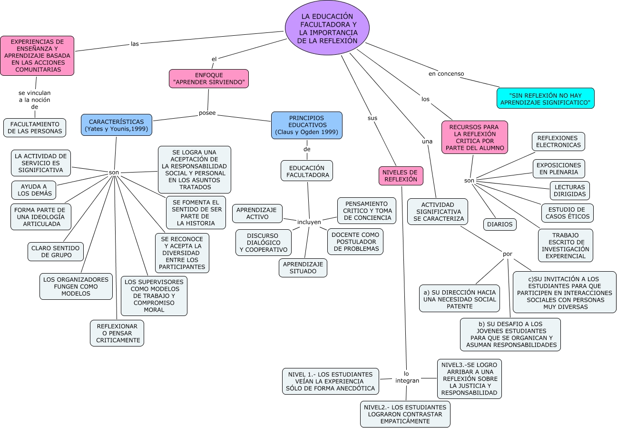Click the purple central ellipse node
[327, 28]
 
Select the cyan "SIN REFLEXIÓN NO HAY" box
[545, 99]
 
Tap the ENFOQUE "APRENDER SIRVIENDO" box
[209, 79]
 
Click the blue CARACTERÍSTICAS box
[117, 125]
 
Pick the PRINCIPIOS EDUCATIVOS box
[306, 125]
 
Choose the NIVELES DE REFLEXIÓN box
[401, 176]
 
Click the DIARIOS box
[499, 224]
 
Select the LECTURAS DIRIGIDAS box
[569, 190]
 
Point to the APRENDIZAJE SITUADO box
[303, 268]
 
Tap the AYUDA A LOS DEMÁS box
[34, 190]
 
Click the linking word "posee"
[207, 113]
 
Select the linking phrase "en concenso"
[446, 74]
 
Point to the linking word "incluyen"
[309, 222]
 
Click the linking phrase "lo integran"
[407, 377]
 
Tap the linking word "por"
[508, 254]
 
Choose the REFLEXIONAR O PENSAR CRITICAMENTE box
[117, 333]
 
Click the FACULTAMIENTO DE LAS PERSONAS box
[35, 128]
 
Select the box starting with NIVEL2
[405, 414]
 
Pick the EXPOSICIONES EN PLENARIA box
[558, 169]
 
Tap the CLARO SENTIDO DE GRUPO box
[56, 252]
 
